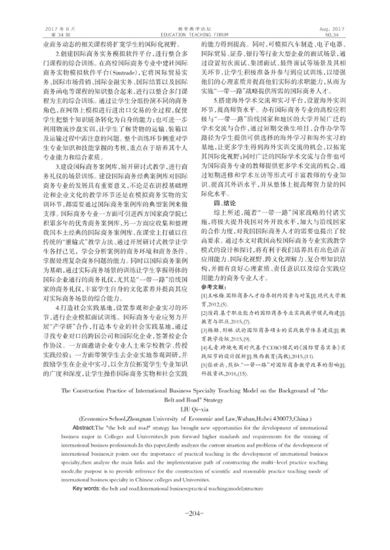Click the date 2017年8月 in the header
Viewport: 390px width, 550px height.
[x=55, y=30]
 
